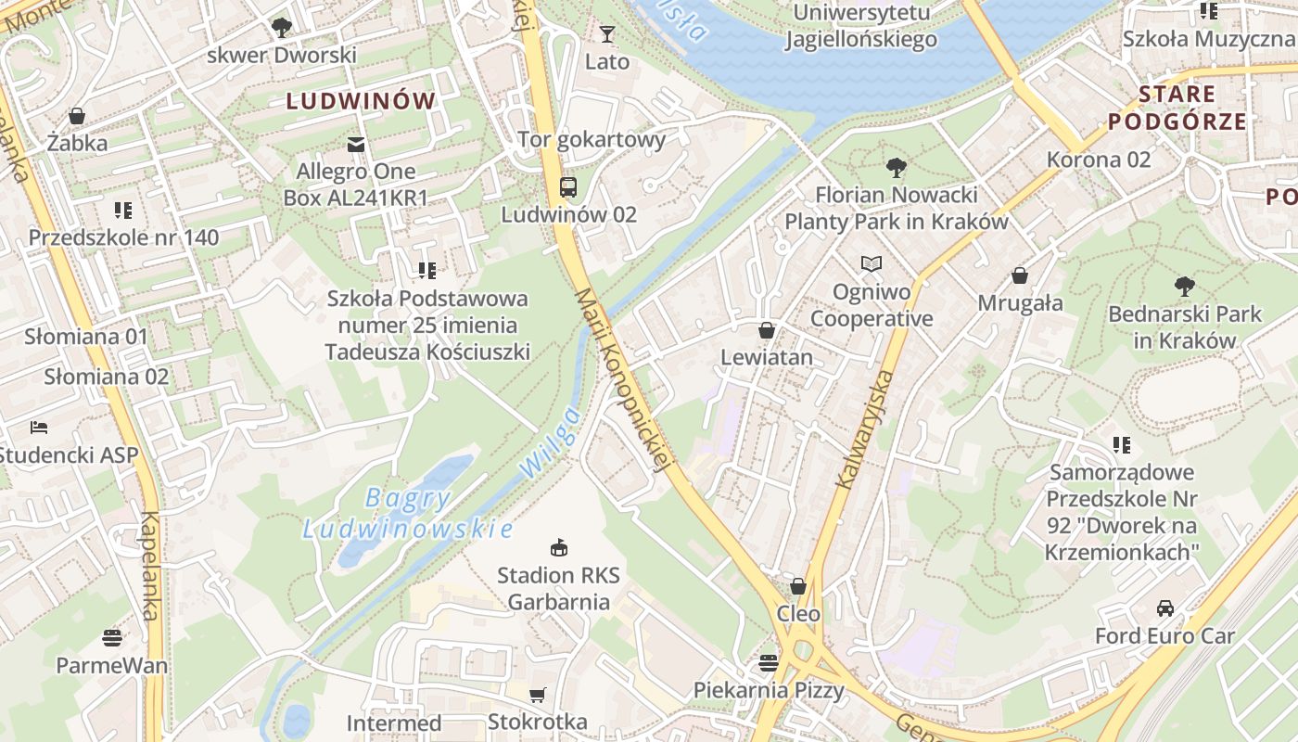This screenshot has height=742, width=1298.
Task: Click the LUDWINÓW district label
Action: [x=361, y=101]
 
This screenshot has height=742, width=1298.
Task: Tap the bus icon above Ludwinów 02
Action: [x=568, y=186]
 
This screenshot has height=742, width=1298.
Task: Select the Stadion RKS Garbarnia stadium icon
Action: [x=558, y=547]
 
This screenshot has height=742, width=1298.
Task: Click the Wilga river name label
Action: [x=551, y=443]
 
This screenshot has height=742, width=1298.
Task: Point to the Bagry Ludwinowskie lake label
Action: [x=408, y=514]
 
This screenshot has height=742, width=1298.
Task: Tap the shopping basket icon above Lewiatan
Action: [x=767, y=330]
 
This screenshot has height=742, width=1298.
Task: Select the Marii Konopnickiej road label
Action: [x=622, y=381]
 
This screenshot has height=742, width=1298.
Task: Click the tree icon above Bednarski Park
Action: [x=1184, y=286]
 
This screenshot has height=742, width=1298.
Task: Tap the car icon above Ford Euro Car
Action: [x=1165, y=608]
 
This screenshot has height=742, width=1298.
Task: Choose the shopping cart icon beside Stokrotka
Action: [x=537, y=695]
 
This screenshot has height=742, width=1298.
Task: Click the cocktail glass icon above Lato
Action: [x=607, y=34]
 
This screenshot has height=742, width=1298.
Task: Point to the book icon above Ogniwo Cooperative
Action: [x=871, y=264]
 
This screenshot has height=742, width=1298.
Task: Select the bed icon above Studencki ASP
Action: [x=39, y=428]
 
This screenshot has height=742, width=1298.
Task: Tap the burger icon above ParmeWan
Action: [x=112, y=638]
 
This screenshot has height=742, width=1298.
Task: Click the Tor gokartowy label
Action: [x=592, y=140]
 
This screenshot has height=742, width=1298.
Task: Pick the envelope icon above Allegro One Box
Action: [x=355, y=144]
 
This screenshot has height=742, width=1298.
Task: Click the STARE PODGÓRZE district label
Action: [x=1177, y=108]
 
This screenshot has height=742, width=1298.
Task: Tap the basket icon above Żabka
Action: [x=77, y=116]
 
